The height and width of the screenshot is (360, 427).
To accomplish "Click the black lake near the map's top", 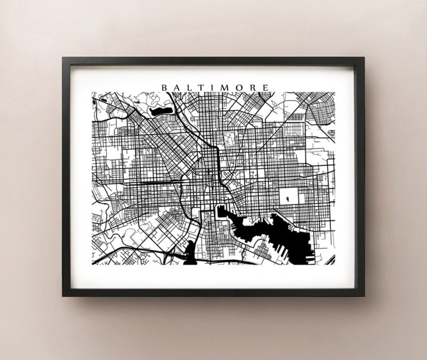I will point(160,110).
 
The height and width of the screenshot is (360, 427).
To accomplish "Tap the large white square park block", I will point(288,196).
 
